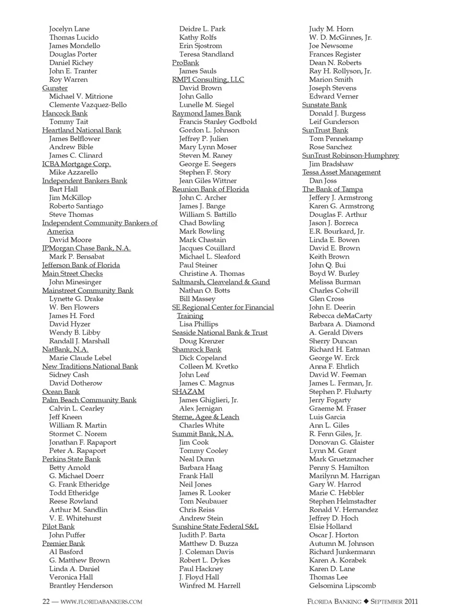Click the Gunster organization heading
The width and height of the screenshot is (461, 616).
pos(55,88)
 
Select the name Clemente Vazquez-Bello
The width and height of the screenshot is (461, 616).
pos(88,105)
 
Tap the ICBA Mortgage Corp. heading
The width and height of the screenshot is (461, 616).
pos(76,164)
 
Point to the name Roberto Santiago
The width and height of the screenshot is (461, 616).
pos(76,206)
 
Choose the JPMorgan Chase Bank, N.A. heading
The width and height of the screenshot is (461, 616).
pos(86,248)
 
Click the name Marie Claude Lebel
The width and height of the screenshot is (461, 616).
pos(80,358)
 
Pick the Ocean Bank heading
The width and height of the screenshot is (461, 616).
pos(61,391)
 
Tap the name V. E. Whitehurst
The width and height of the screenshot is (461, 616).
pos(75,518)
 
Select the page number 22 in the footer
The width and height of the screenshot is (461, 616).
pos(46,602)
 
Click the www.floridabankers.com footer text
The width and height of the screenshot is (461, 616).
pos(101,602)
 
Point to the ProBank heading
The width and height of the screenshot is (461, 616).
pos(185,62)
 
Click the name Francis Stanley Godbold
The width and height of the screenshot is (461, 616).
pos(218,121)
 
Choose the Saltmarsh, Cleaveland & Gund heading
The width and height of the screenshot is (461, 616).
pos(221,282)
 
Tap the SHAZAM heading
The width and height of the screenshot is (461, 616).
pos(188,391)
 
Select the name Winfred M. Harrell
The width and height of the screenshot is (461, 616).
pos(210,585)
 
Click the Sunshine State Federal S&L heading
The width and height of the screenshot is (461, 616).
pos(215,526)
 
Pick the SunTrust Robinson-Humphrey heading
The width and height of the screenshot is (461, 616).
pos(351,155)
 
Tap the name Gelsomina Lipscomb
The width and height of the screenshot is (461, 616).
pos(342,585)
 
